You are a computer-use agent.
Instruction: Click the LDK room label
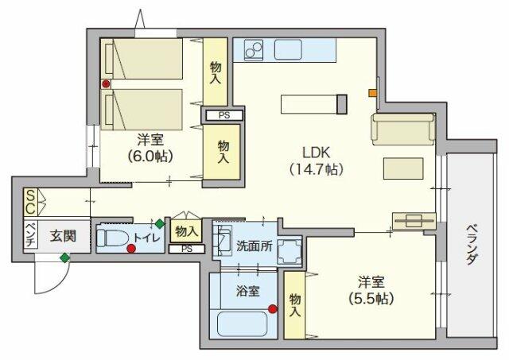pos(317,153)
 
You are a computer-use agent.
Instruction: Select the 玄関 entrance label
pos(63,237)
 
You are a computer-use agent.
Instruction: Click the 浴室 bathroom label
pos(247,291)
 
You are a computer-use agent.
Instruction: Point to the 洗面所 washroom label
pos(254,246)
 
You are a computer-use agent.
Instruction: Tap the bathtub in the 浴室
pos(242,323)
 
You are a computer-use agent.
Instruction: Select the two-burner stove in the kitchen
pos(254,49)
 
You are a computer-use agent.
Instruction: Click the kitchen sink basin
pos(288,49)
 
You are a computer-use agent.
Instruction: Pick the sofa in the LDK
pos(403,129)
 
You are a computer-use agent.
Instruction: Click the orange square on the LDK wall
pos(372,93)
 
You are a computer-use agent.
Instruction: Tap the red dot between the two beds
pos(106,84)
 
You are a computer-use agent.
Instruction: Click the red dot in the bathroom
pos(273,309)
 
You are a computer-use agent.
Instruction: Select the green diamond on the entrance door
pos(65,257)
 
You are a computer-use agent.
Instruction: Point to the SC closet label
pos(30,202)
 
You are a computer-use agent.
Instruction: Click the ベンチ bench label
pos(30,234)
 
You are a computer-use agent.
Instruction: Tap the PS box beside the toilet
pos(187,249)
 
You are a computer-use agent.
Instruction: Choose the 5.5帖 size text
pos(371,298)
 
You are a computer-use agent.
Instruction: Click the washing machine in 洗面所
pos(289,251)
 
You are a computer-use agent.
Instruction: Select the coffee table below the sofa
pos(403,168)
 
